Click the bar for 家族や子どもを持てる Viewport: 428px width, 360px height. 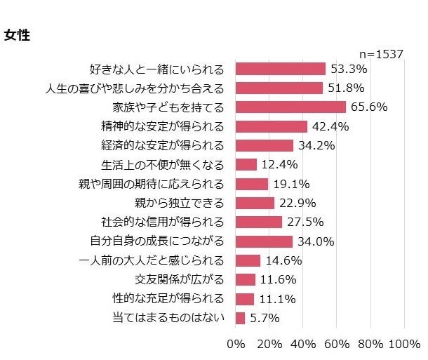coord(290,107)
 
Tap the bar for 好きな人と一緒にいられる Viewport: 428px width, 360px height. coord(280,69)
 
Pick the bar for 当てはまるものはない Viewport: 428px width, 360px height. coord(240,318)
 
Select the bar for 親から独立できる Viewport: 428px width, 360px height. coord(255,204)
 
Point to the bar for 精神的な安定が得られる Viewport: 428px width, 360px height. coord(271,126)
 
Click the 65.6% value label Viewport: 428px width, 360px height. coord(368,107)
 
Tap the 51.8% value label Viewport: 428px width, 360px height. coord(345,88)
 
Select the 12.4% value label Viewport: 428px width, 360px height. coord(279,165)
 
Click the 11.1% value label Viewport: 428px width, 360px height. coord(276,299)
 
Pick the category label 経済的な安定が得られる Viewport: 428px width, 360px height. coord(163,146)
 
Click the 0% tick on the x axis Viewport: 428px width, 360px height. coord(236,345)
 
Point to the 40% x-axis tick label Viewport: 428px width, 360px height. coord(303,345)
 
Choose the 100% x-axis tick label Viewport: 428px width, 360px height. coord(403,345)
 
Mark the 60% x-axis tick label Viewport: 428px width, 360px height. coord(337,345)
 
